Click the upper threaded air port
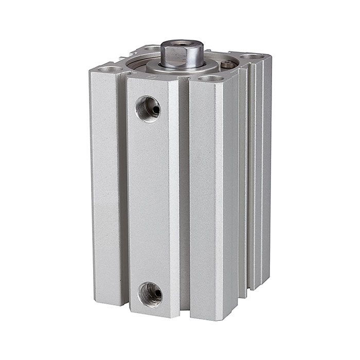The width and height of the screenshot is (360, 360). point(148,108)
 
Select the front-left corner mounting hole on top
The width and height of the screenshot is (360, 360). point(111,68)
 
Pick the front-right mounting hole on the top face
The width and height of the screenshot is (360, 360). point(211,79)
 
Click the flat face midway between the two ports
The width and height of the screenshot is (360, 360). point(149,201)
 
